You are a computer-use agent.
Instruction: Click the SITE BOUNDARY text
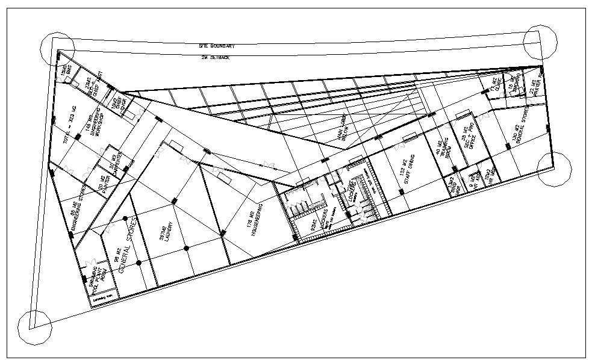tap(217, 46)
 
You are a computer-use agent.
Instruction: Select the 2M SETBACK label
tap(215, 57)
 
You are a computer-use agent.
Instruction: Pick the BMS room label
tap(66, 72)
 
